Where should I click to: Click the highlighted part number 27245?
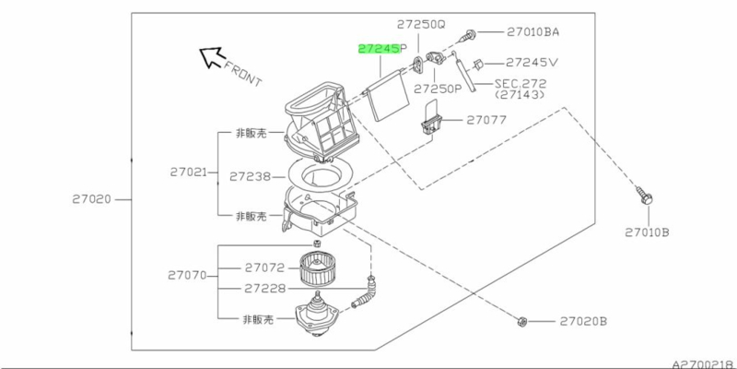tap(379, 49)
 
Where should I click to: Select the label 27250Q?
tap(421, 25)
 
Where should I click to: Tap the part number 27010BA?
tap(533, 32)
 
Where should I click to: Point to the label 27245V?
tap(532, 63)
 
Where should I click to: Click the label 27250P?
tap(438, 89)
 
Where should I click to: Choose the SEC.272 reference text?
tap(521, 84)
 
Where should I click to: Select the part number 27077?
tap(486, 120)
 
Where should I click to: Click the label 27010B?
tap(647, 232)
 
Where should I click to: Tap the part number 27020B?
tap(583, 321)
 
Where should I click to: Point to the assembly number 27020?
tap(91, 199)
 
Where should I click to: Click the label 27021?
tap(189, 173)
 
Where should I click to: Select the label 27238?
tap(250, 176)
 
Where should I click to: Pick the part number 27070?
tap(187, 275)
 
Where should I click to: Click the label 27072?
tap(264, 268)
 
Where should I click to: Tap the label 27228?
tap(264, 289)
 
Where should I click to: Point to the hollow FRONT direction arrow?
tap(210, 57)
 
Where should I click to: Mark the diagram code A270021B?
tap(704, 364)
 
